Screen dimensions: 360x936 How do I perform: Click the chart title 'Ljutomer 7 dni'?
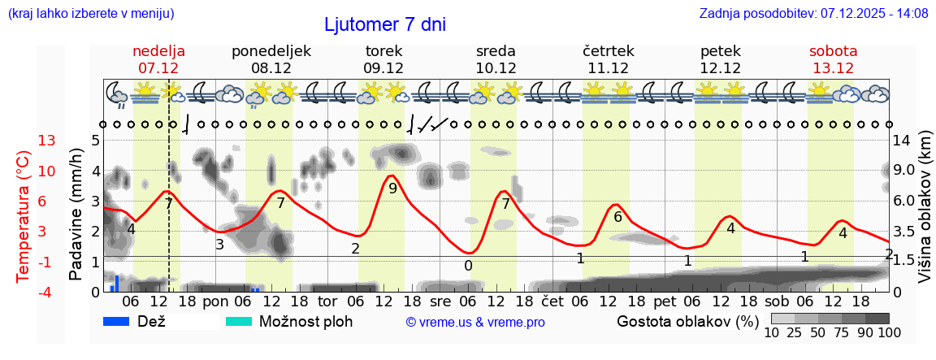click(x=384, y=24)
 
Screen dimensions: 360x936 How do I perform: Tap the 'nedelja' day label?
click(x=158, y=51)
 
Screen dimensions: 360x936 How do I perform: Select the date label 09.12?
click(x=383, y=68)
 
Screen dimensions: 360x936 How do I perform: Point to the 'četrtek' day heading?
click(x=608, y=51)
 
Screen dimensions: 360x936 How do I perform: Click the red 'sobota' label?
click(x=833, y=51)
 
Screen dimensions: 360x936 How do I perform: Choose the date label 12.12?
click(x=721, y=68)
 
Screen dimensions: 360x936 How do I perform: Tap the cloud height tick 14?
click(x=902, y=141)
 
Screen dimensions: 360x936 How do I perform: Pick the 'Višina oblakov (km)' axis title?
click(x=925, y=207)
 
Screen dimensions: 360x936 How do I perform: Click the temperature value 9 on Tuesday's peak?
click(x=392, y=189)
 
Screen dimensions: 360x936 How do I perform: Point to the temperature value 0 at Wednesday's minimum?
click(x=468, y=266)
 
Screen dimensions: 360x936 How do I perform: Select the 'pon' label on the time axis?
click(x=215, y=301)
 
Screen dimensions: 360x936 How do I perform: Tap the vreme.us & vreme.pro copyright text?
click(x=475, y=322)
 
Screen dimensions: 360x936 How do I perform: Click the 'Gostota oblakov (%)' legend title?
click(x=687, y=321)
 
